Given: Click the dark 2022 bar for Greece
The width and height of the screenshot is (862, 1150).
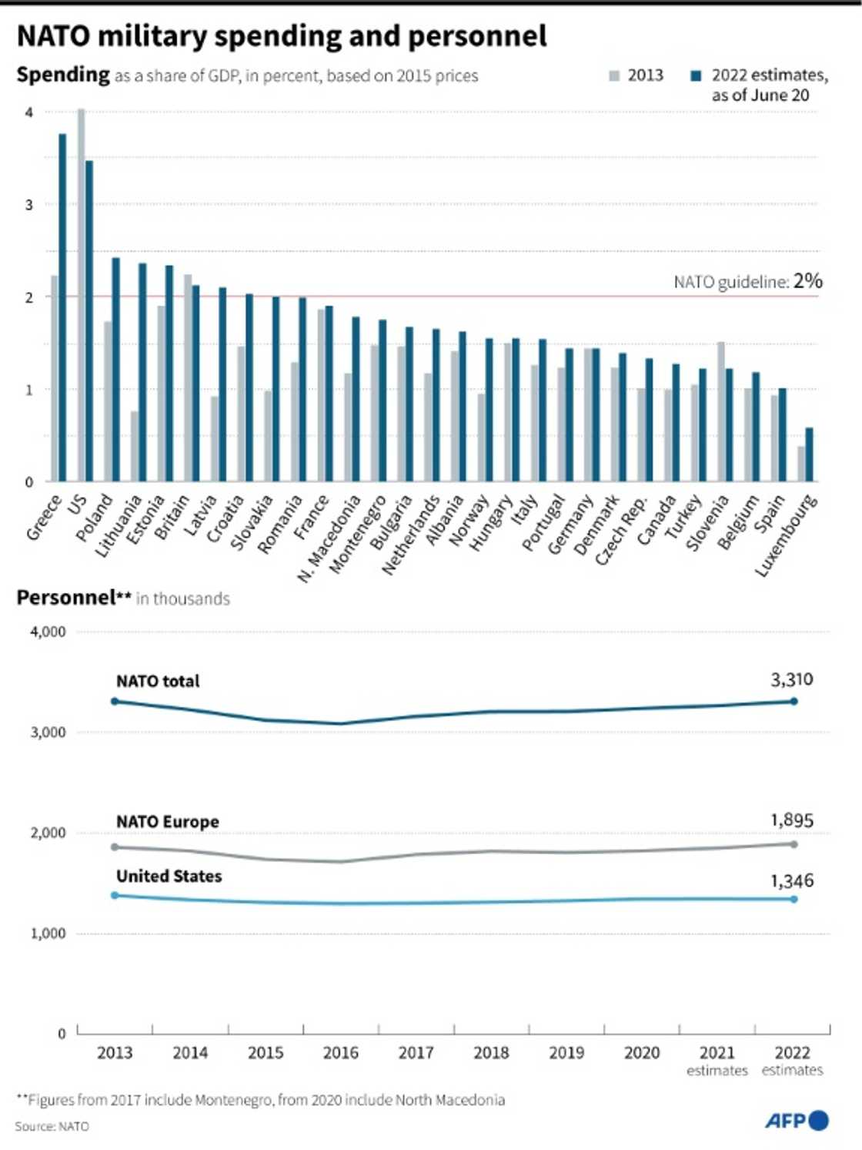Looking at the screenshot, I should pyautogui.click(x=62, y=308).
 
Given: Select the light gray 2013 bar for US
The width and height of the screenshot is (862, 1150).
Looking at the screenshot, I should pyautogui.click(x=81, y=296).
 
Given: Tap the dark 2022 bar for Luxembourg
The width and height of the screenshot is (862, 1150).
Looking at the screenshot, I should pyautogui.click(x=809, y=455).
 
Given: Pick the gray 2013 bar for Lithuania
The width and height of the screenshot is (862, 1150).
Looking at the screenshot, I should pyautogui.click(x=135, y=447).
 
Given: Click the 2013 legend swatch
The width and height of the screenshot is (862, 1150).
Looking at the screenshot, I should pyautogui.click(x=614, y=75).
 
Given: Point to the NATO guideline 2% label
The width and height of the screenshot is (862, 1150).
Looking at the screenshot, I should pyautogui.click(x=747, y=281).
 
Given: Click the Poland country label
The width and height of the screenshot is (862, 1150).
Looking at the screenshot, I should pyautogui.click(x=95, y=517).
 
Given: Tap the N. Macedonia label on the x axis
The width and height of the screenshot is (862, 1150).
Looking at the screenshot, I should pyautogui.click(x=329, y=538).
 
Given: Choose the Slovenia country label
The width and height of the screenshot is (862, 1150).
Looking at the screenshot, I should pyautogui.click(x=707, y=523).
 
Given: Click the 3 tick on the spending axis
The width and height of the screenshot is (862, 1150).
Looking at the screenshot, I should pyautogui.click(x=29, y=205).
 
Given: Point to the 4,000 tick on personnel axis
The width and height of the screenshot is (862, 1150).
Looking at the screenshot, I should pyautogui.click(x=48, y=632).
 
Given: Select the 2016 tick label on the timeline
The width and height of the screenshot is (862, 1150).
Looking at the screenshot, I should pyautogui.click(x=340, y=1053).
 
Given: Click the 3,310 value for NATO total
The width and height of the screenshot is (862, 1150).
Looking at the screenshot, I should pyautogui.click(x=791, y=679).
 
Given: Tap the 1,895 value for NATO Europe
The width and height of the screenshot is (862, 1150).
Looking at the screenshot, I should pyautogui.click(x=791, y=820).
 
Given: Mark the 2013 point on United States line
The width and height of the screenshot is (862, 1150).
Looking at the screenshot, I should pyautogui.click(x=115, y=895).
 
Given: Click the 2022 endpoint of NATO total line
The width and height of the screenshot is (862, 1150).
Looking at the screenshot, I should pyautogui.click(x=794, y=701).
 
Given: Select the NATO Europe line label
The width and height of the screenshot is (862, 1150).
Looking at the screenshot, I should pyautogui.click(x=168, y=822).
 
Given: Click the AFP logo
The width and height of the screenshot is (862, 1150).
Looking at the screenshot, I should pyautogui.click(x=797, y=1121).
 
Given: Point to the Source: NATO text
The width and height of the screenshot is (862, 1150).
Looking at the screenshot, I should pyautogui.click(x=52, y=1126).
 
